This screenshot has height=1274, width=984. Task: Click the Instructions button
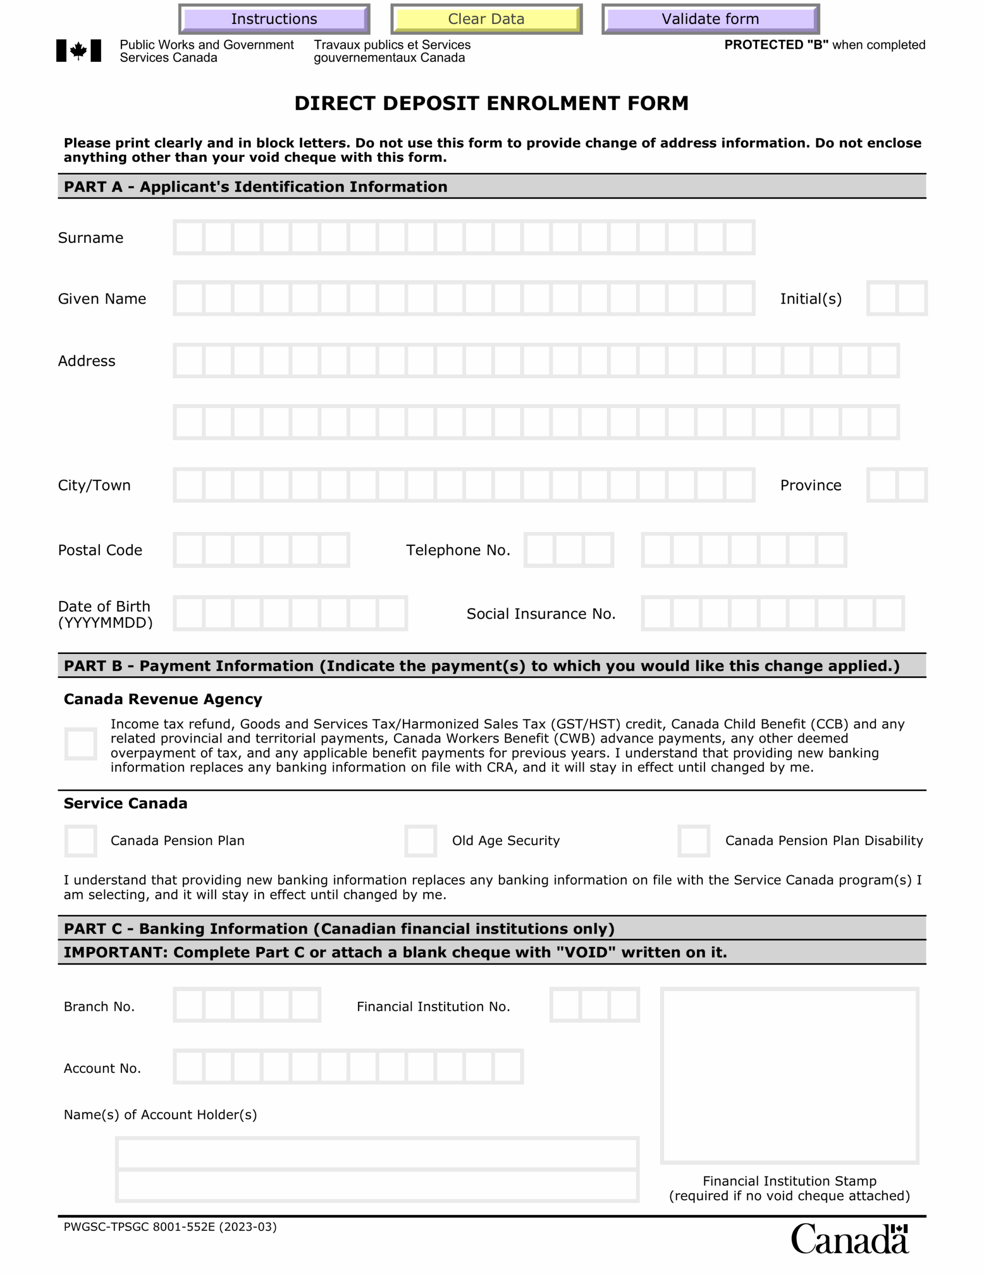click(274, 19)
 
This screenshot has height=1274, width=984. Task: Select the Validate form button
click(710, 19)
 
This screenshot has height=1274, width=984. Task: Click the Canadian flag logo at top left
click(78, 51)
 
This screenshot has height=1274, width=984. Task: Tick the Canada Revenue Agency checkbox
click(81, 744)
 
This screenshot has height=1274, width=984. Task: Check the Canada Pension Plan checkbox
click(81, 841)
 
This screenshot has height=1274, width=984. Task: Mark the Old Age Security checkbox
click(420, 841)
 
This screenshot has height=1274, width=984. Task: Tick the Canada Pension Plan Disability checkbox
click(693, 841)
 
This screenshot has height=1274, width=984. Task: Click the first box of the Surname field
click(189, 237)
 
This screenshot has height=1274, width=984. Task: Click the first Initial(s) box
click(883, 298)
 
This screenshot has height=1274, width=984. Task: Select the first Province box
click(883, 485)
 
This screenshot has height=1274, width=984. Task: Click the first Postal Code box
click(189, 549)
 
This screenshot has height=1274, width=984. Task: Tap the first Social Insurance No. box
click(657, 613)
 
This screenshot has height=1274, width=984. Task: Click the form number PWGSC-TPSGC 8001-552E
click(170, 1227)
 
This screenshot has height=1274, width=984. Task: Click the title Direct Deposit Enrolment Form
click(491, 103)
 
